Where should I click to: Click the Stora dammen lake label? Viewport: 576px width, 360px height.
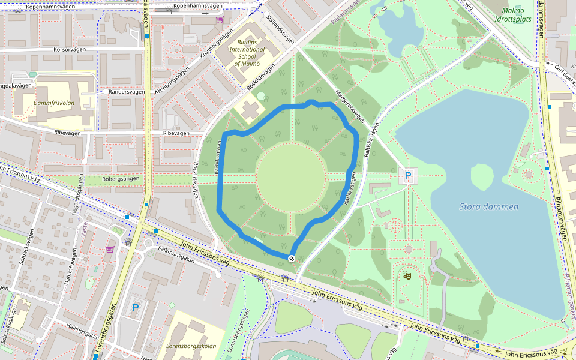tap(488, 206)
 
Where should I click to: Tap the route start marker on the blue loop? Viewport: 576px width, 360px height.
tap(292, 258)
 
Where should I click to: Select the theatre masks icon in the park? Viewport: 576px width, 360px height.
tap(407, 275)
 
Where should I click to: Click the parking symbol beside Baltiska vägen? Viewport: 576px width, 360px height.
tap(408, 177)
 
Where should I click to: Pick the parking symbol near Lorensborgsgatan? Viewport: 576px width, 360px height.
tap(136, 308)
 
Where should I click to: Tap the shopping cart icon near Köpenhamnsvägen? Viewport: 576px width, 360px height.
tap(220, 19)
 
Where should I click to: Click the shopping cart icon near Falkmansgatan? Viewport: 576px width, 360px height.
tap(110, 249)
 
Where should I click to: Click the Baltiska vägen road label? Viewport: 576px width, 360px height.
tap(373, 140)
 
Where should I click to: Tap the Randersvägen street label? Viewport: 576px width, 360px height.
tap(127, 92)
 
